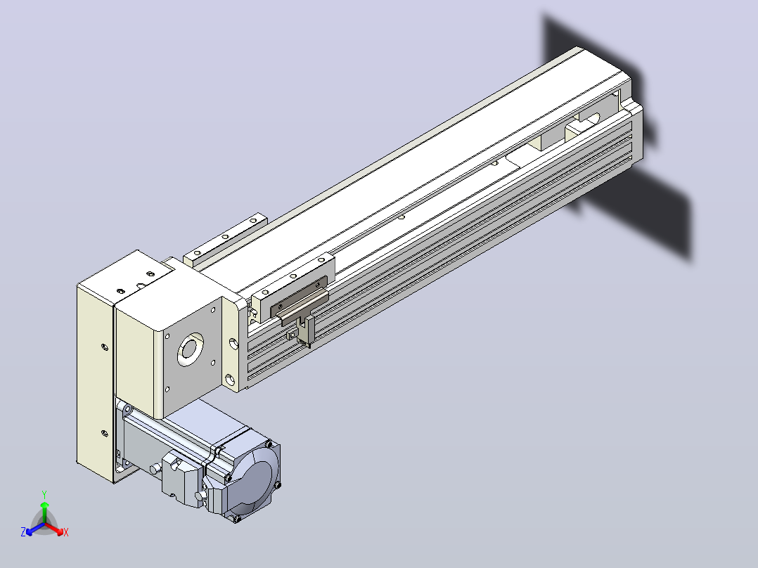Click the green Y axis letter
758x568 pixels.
44,495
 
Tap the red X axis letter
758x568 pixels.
66,532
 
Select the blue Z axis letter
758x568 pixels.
23,532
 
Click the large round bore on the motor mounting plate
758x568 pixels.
191,349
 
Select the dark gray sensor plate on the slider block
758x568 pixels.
299,295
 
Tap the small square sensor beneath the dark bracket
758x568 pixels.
291,335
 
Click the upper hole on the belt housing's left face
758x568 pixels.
104,347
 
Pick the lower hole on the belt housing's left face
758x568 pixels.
104,433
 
